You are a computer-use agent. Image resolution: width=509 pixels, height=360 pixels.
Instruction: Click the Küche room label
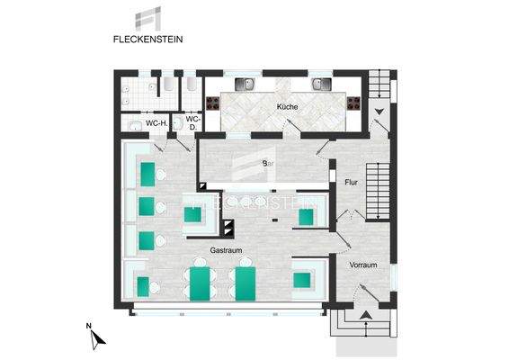click(x=287, y=106)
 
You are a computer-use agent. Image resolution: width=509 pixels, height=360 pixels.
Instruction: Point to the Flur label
click(x=352, y=183)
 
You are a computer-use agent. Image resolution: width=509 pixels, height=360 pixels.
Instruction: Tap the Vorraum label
click(x=362, y=265)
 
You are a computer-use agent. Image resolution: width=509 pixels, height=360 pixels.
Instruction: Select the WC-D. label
click(x=192, y=122)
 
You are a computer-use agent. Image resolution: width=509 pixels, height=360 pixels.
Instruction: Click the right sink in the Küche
click(x=321, y=85)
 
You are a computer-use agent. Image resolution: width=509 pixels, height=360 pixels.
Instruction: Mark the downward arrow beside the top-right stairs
click(x=380, y=112)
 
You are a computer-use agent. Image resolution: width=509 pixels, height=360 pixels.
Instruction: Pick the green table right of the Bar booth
click(x=307, y=216)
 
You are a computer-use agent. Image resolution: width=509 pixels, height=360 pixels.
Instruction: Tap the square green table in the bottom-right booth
click(x=302, y=280)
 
